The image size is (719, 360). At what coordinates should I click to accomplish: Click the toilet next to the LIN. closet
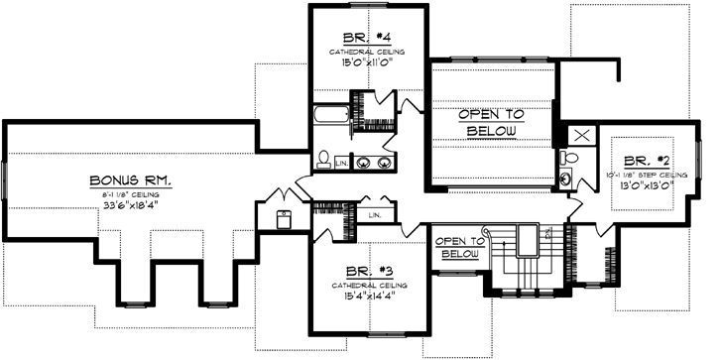(323, 158)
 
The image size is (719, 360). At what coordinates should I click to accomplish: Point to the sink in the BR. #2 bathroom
(566, 180)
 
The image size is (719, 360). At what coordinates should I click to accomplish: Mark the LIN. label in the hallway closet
(374, 214)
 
